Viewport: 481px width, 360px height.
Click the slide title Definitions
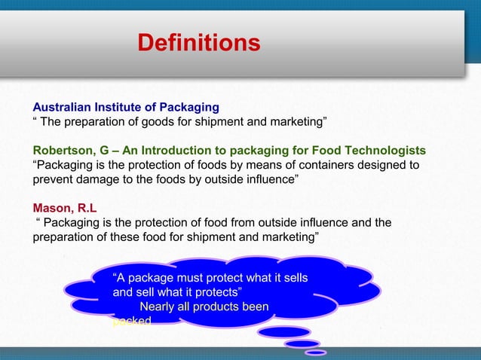199,42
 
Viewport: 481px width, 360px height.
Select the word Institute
121,106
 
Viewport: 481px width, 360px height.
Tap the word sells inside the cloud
292,278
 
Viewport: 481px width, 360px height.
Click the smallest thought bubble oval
316,352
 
